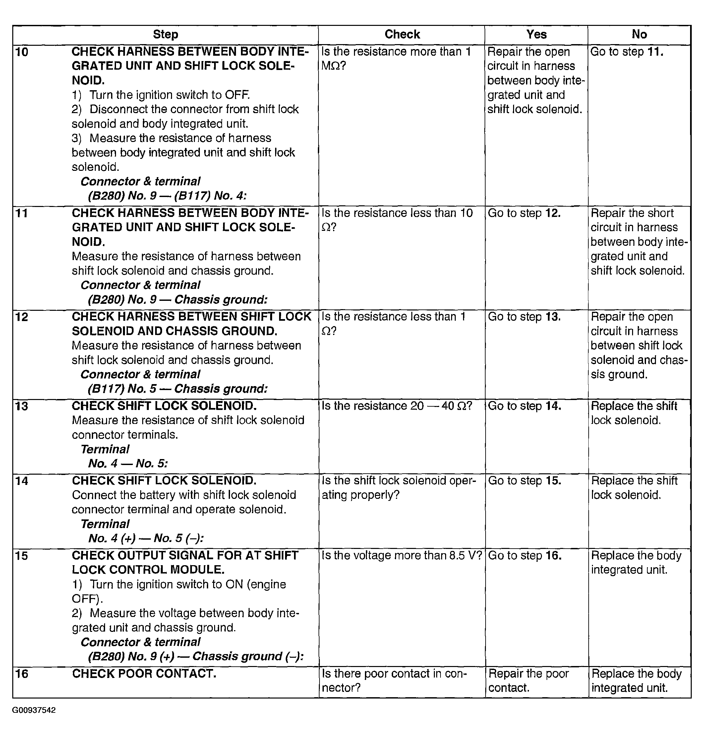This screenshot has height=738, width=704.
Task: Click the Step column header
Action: (x=165, y=34)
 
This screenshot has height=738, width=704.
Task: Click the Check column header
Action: (x=402, y=34)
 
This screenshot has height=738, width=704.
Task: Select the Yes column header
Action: (x=536, y=34)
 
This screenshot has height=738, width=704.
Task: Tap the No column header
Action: (x=639, y=34)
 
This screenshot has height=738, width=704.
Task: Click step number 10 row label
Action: (x=22, y=52)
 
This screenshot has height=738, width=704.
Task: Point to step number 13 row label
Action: (x=22, y=406)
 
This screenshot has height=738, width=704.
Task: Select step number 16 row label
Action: (x=22, y=674)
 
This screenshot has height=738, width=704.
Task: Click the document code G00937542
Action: (x=34, y=710)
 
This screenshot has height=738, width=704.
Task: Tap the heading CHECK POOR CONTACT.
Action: (x=144, y=674)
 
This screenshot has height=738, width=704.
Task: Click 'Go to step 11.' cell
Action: (x=627, y=52)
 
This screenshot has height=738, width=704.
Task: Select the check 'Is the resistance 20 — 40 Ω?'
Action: (x=397, y=406)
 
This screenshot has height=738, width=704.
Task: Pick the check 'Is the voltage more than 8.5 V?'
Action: (x=401, y=556)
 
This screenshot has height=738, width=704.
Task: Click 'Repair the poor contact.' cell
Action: (x=528, y=681)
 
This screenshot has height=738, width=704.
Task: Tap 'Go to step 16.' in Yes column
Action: (x=525, y=556)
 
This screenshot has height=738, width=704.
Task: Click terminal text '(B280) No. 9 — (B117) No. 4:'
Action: (x=167, y=196)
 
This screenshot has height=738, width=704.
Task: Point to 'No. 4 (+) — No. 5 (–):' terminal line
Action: (x=146, y=539)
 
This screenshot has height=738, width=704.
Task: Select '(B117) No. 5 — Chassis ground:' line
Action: (x=178, y=389)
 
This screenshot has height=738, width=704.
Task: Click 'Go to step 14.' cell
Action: (x=525, y=406)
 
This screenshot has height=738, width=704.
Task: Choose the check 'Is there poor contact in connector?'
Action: (x=394, y=681)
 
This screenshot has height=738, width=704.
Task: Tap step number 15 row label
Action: (x=22, y=556)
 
